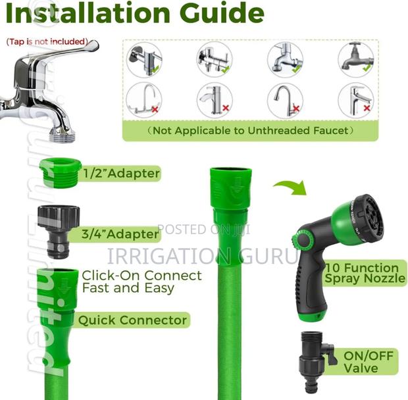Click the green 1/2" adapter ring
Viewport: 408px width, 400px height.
(61, 172)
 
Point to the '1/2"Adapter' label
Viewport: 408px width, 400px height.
(121, 174)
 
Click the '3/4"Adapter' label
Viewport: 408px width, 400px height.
(121, 234)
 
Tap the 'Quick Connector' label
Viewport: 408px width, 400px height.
(133, 320)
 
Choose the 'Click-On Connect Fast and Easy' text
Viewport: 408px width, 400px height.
(141, 282)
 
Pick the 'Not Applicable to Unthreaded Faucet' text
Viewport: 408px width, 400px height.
(250, 130)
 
